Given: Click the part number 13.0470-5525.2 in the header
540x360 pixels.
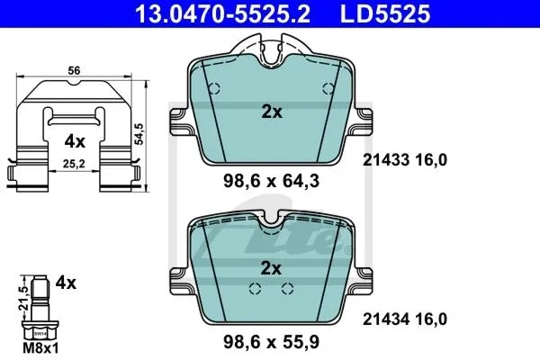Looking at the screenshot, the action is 223,13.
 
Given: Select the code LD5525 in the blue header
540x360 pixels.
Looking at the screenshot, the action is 385,13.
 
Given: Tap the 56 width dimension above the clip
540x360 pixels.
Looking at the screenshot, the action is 74,70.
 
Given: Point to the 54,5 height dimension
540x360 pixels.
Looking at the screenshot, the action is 140,134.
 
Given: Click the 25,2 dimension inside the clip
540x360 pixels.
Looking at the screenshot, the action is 74,164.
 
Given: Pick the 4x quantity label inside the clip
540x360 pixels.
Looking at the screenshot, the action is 75,141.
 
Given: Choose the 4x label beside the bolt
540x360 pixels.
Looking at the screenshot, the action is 66,283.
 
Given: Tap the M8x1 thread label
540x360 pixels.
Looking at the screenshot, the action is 40,348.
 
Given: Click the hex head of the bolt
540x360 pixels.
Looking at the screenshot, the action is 40,330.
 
